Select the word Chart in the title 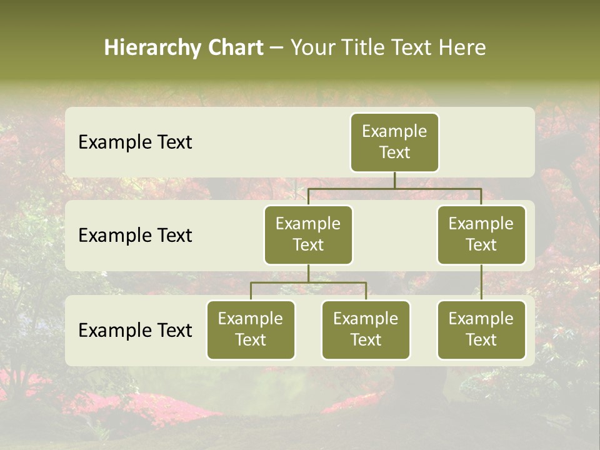234,48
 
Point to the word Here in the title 462,48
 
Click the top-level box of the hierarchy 394,142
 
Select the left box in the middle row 308,235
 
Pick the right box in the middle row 481,235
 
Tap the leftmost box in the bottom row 251,330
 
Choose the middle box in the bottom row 366,330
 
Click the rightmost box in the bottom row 481,330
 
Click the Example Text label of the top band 135,142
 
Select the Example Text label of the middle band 135,236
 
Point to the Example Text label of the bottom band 135,331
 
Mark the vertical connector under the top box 394,180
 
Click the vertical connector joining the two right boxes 481,282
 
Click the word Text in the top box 394,152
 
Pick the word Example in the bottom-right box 481,319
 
